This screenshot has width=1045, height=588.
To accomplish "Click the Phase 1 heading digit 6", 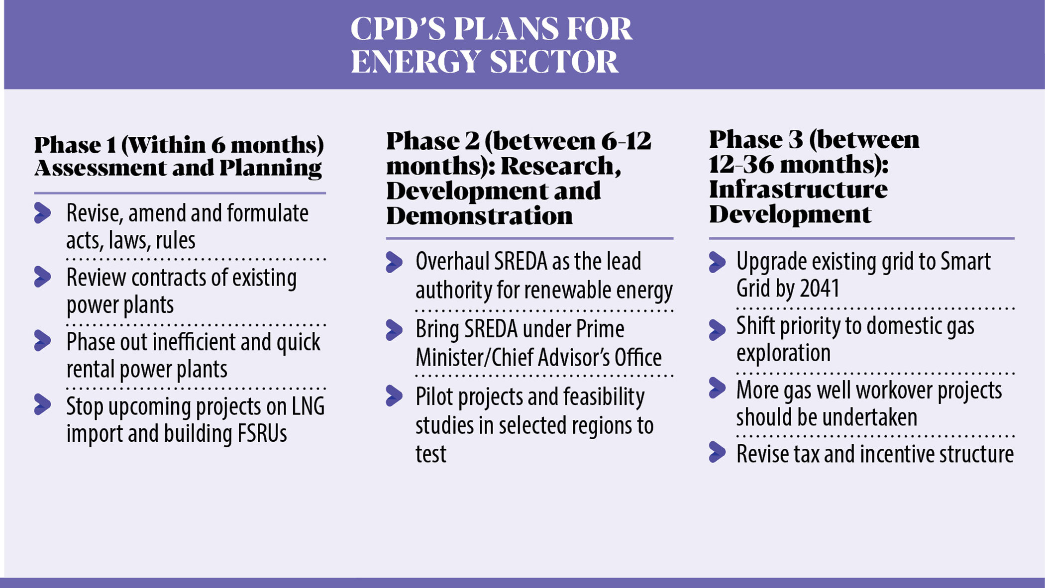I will pos(218,145).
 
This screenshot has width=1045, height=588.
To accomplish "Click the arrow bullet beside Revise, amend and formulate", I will pos(43,213).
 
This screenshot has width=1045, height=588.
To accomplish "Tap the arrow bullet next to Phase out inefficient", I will pos(43,341).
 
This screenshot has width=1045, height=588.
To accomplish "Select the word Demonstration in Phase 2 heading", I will pos(479,216).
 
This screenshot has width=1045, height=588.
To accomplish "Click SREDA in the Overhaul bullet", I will pos(531,262).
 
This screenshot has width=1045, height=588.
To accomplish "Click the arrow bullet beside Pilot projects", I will pos(394,396).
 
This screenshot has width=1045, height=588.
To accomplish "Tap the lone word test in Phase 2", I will pos(430,454).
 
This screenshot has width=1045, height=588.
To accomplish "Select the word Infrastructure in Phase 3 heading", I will pos(798,190).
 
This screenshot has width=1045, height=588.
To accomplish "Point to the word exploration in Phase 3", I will pos(783,353).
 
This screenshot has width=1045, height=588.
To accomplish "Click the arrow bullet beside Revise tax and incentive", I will pos(717,452).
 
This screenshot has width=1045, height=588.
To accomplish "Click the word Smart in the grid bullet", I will pos(964,262).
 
